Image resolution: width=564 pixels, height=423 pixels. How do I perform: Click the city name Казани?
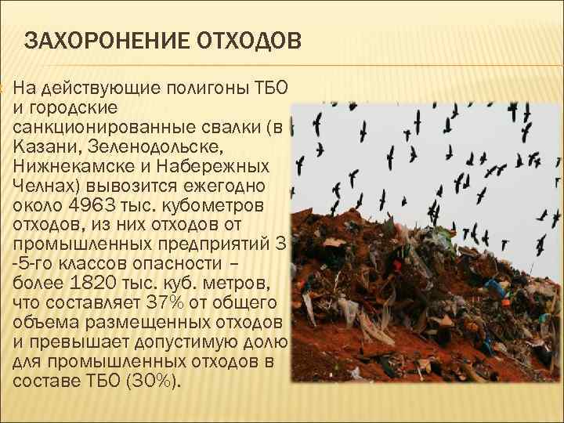(x=40, y=146)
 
